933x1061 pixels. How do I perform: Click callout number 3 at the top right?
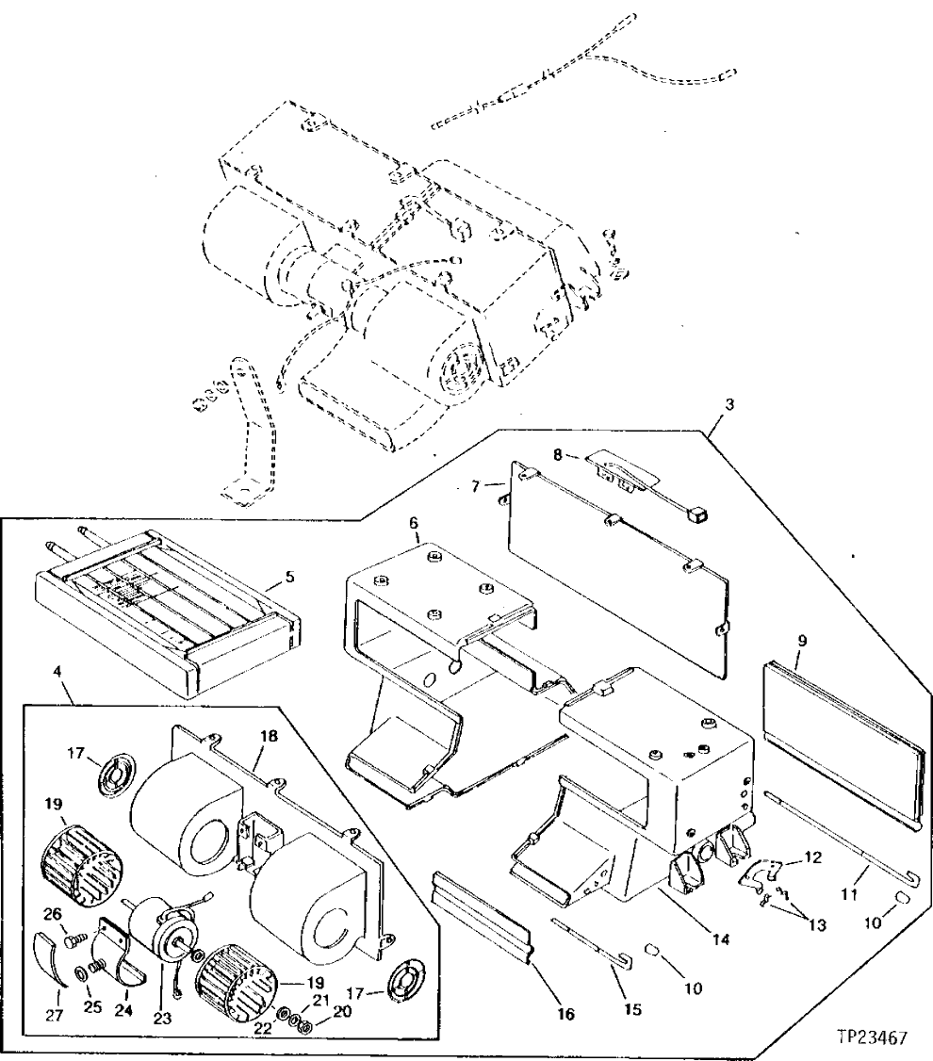[728, 402]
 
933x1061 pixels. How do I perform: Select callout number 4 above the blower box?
[58, 673]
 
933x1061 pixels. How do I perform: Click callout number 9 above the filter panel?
[801, 640]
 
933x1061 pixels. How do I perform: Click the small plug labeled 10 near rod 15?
[652, 947]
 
